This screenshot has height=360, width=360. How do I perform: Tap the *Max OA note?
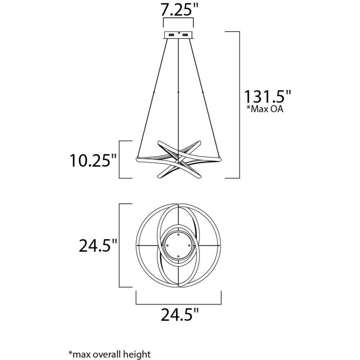point(265,109)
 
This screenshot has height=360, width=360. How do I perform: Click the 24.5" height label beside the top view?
point(98,245)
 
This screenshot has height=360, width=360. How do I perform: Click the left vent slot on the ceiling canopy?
point(171,35)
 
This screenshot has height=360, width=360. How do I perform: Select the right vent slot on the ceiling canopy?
point(185,35)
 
